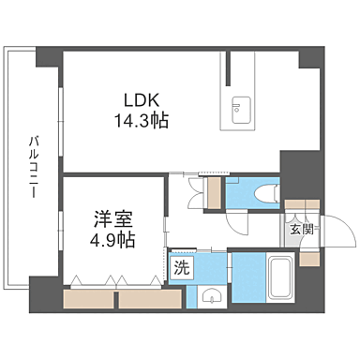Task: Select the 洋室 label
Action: coord(112,221)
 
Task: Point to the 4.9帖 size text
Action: coord(112,241)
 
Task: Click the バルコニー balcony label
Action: coord(32,165)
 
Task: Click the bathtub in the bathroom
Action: coord(278,277)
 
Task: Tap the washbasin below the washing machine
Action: coord(211,299)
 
